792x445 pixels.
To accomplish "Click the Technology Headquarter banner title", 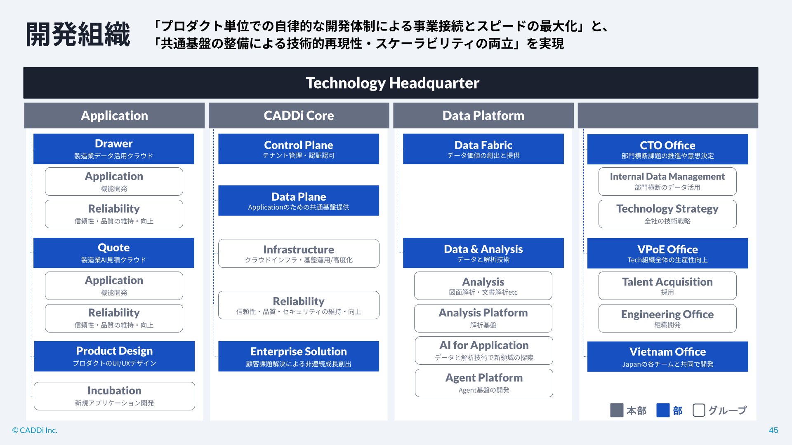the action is click(x=392, y=83).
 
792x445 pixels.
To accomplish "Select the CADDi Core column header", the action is click(x=299, y=115).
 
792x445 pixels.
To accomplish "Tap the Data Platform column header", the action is click(x=483, y=115).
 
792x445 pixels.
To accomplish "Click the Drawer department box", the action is click(x=114, y=149).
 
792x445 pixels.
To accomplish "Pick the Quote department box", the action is click(x=114, y=253).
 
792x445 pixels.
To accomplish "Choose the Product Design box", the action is click(x=114, y=356).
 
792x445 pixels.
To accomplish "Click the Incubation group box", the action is click(x=114, y=396).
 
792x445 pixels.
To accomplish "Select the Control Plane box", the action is click(x=299, y=149).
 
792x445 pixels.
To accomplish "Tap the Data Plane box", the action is click(x=299, y=201).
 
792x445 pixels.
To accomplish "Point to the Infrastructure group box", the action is click(x=299, y=253).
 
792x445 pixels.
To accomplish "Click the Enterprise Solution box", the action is click(x=299, y=356).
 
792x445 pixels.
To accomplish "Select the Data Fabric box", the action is click(x=483, y=149).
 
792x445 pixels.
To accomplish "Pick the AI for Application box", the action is click(x=484, y=350).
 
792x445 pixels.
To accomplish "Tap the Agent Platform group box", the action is click(x=484, y=383).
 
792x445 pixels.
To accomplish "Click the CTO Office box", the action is click(x=668, y=149).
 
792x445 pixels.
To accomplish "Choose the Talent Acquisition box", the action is click(x=667, y=286).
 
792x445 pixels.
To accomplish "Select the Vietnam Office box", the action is click(x=668, y=357).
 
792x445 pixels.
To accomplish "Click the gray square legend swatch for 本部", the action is click(x=617, y=410).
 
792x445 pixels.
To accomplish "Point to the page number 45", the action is click(x=773, y=430).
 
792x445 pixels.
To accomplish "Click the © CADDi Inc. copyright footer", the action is click(x=35, y=430).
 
